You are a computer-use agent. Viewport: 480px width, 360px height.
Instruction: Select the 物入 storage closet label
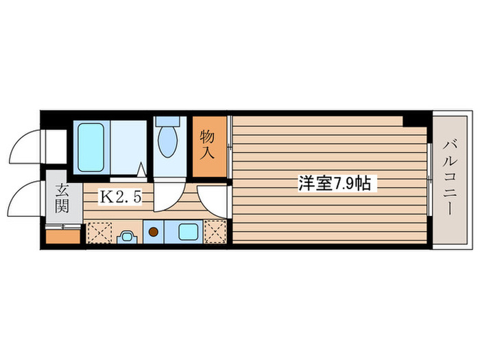point(208,145)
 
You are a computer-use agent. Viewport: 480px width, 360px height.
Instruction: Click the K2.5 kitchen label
point(121,197)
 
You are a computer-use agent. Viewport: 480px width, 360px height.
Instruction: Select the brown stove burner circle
point(154,232)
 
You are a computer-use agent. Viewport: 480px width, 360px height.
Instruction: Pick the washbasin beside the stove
point(127,237)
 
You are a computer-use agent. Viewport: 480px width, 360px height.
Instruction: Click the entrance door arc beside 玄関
point(27,198)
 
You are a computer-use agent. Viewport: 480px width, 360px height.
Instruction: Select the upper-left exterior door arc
point(27,144)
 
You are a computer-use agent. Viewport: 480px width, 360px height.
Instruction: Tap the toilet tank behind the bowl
point(167,121)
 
